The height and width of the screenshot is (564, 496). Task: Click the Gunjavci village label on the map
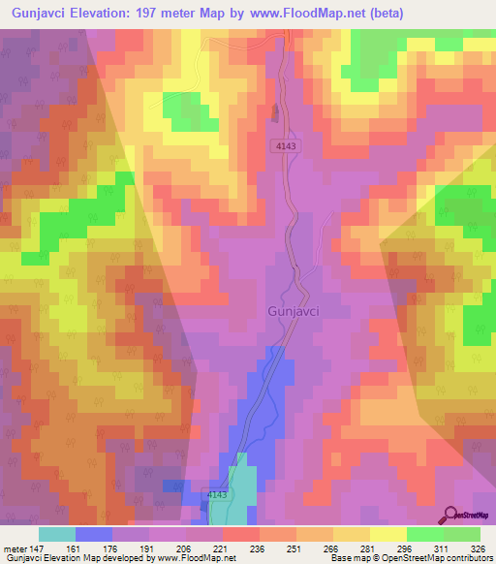click(x=293, y=312)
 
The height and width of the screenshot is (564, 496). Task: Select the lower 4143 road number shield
click(x=217, y=495)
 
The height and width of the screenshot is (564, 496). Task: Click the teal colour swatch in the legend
click(x=57, y=534)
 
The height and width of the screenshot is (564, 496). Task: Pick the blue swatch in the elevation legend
click(x=94, y=534)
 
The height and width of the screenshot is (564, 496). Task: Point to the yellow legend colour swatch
click(x=387, y=534)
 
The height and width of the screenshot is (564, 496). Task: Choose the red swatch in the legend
click(x=240, y=534)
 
